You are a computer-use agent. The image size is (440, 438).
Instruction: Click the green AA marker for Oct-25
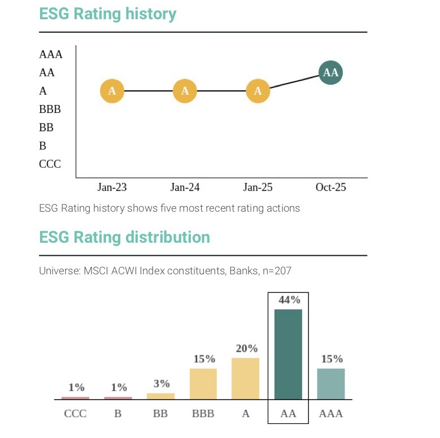(x=330, y=73)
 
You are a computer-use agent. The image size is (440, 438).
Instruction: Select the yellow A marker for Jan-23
(x=112, y=91)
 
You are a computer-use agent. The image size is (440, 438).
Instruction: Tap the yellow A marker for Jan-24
(x=185, y=91)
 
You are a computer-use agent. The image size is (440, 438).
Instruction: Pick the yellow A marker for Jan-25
(x=258, y=91)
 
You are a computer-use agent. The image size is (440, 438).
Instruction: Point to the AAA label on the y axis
(x=51, y=55)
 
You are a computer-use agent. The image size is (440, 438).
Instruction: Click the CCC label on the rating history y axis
(x=50, y=164)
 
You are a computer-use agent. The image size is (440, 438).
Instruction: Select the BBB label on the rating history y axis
(x=50, y=109)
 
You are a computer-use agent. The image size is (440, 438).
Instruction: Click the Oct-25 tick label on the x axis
(x=330, y=187)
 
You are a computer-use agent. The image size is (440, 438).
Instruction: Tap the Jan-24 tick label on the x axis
(x=185, y=187)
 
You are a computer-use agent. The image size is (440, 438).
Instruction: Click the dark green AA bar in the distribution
(x=288, y=354)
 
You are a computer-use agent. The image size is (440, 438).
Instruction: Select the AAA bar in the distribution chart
(x=331, y=384)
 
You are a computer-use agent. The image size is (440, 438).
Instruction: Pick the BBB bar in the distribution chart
(x=203, y=384)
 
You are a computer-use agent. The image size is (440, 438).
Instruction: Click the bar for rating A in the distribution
(x=246, y=379)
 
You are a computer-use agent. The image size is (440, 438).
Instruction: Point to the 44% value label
(x=289, y=300)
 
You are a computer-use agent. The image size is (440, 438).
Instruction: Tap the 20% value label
(x=246, y=349)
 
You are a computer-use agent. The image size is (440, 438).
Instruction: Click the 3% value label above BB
(x=162, y=384)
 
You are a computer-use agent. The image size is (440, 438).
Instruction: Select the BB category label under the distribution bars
(x=160, y=414)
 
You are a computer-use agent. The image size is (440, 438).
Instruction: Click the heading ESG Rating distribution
(x=124, y=237)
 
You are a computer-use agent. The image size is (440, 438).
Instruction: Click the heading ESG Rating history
(x=107, y=14)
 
